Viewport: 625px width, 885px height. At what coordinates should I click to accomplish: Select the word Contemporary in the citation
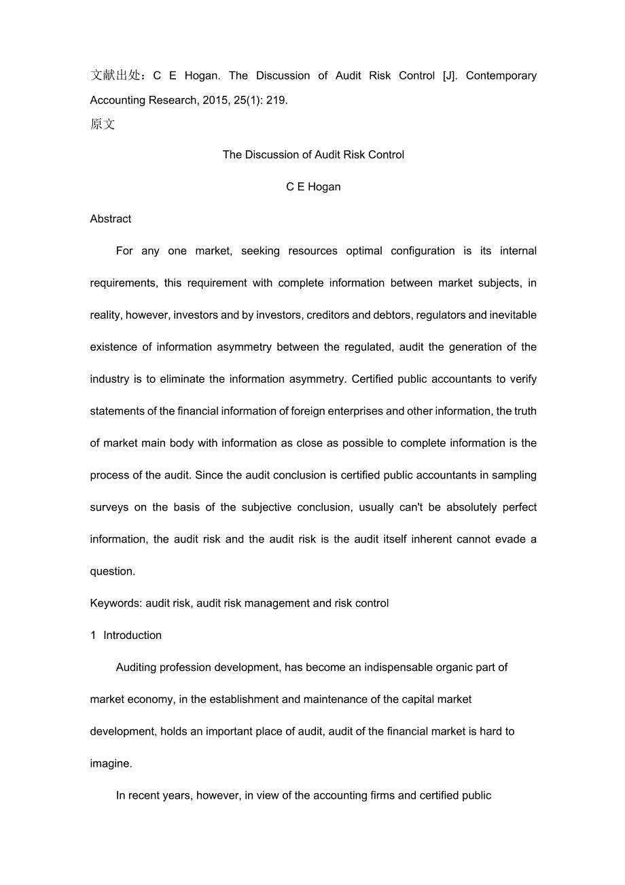501,75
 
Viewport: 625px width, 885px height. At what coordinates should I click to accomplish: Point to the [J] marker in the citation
450,75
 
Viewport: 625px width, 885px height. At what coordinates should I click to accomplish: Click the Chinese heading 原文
103,124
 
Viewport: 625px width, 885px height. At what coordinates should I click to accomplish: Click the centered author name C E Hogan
313,187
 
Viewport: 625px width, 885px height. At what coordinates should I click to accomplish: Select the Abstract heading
111,219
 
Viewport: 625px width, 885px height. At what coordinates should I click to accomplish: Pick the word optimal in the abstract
364,251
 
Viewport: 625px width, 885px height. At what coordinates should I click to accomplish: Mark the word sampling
514,475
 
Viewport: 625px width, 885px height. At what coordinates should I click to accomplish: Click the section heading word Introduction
132,635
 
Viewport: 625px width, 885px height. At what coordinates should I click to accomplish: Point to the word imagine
110,763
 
